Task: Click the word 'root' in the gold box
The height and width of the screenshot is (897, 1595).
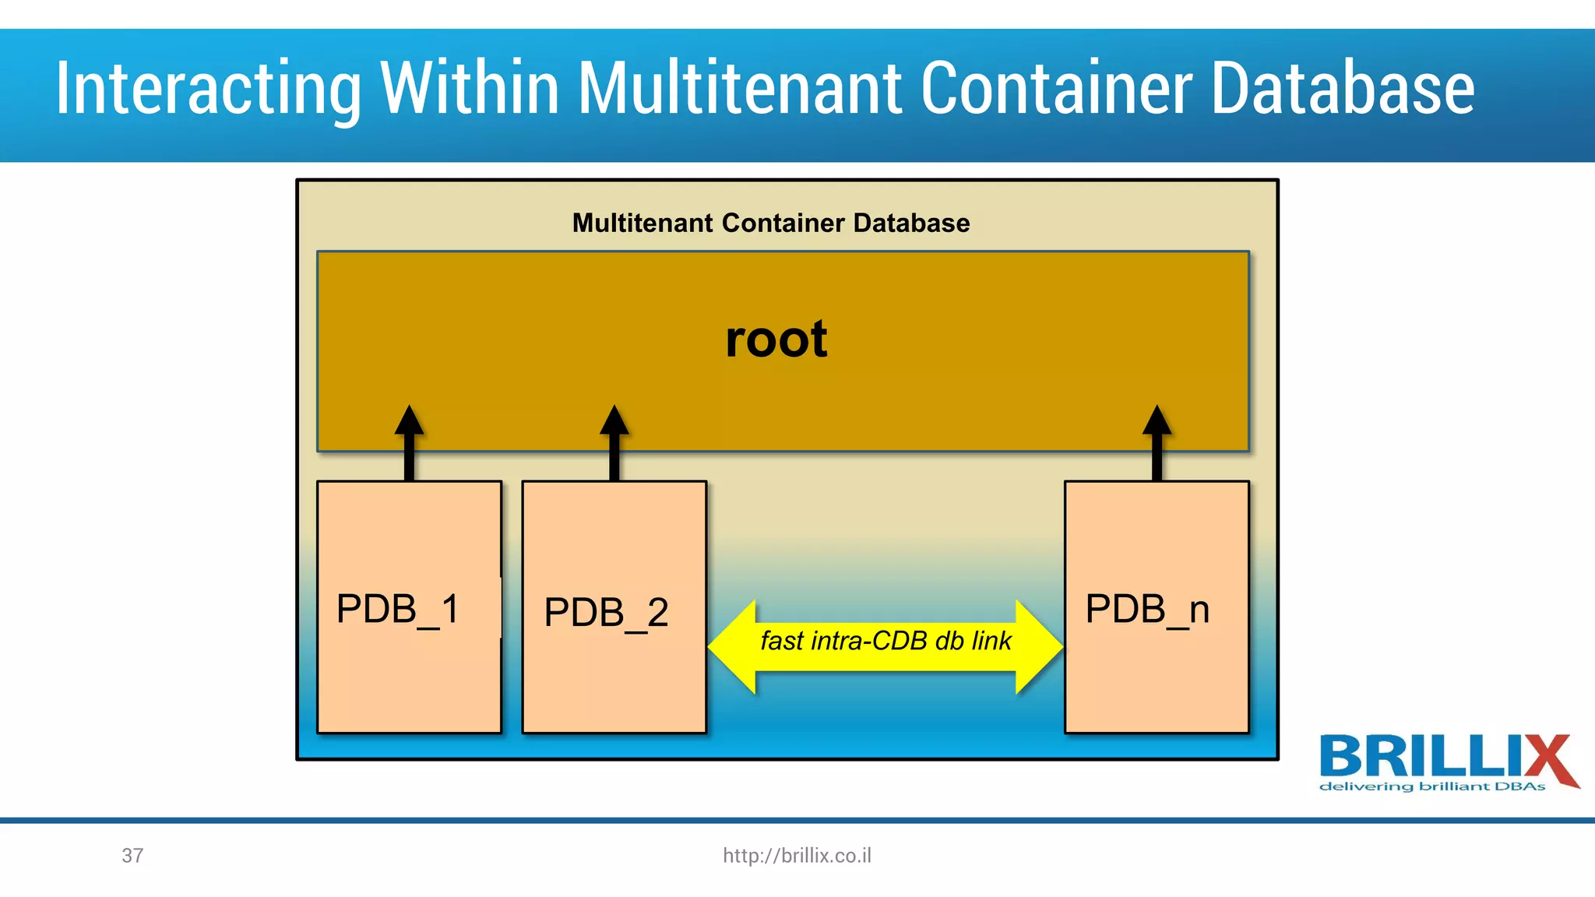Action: (x=776, y=340)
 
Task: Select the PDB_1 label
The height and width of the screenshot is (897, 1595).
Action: (x=398, y=610)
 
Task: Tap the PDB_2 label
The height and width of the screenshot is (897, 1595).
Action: (x=606, y=613)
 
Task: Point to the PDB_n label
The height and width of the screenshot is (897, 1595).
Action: (x=1147, y=610)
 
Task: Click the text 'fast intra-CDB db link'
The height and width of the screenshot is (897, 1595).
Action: (x=886, y=641)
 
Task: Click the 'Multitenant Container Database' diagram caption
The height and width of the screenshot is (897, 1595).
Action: (x=771, y=223)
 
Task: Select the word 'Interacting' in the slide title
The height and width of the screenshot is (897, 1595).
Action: (x=208, y=90)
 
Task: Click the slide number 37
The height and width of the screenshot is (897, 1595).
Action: (x=132, y=856)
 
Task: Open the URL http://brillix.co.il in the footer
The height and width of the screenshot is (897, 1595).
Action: (x=797, y=856)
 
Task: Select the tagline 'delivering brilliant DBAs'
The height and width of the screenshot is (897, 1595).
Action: (x=1431, y=786)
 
